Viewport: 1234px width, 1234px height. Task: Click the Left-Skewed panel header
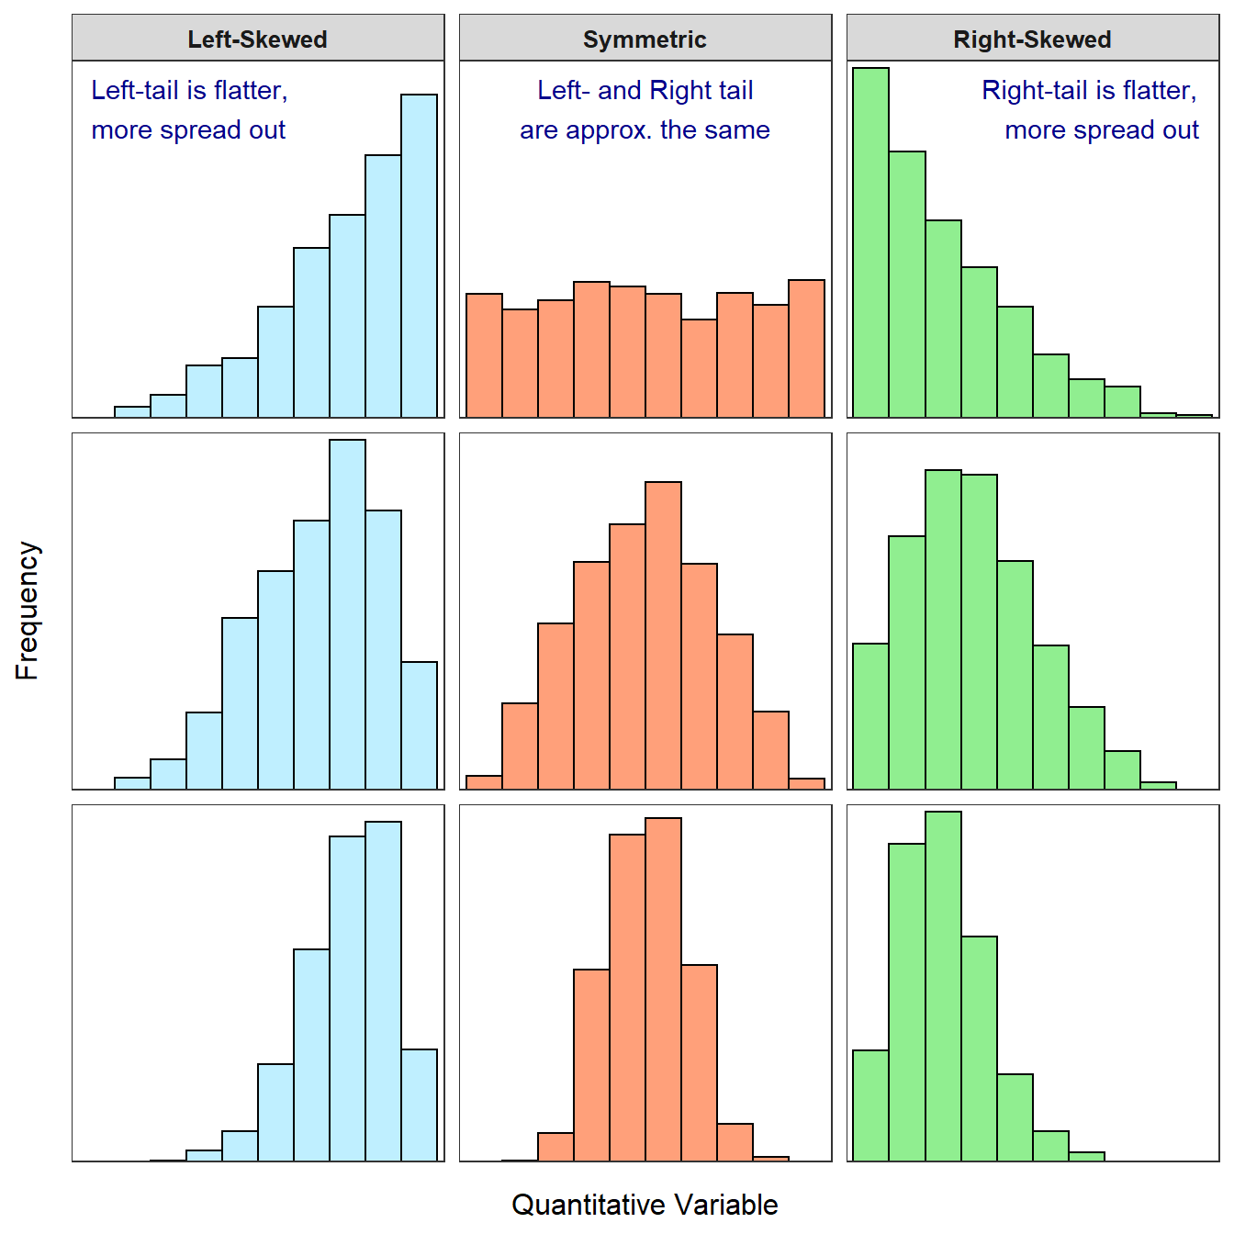coord(257,39)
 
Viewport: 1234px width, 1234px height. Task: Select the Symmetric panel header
coord(645,39)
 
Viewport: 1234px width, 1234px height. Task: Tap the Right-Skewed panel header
coord(1032,39)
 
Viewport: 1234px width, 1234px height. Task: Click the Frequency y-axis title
coord(28,611)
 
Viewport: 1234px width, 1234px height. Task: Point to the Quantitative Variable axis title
coord(645,1204)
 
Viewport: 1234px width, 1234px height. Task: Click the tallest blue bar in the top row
coord(419,257)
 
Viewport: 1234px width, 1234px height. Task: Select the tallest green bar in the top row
coord(870,243)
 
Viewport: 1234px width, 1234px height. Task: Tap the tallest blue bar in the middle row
coord(347,614)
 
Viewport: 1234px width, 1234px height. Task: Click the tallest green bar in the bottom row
coord(943,987)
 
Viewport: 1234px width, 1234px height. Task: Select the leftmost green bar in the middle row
coord(870,716)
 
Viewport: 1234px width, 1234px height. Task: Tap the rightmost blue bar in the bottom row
coord(419,1105)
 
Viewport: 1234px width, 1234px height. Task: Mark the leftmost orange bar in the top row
coord(484,355)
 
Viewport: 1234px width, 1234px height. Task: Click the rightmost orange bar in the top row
coord(806,349)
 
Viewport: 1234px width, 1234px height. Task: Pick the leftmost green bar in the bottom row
coord(870,1105)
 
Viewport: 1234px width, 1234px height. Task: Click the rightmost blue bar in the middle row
coord(419,725)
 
